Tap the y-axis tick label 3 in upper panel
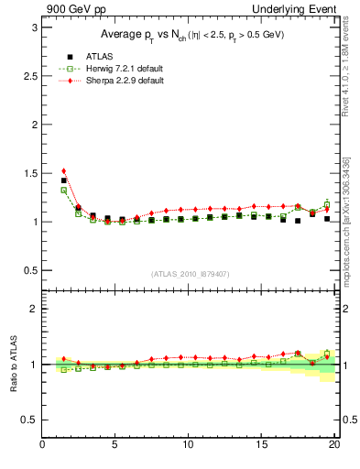[33, 27]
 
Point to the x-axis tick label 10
[190, 446]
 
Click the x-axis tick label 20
[335, 446]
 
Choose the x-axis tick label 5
[115, 446]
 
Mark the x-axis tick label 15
[262, 446]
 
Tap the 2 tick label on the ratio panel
[33, 309]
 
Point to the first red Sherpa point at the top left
[63, 170]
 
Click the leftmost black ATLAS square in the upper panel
[63, 180]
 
